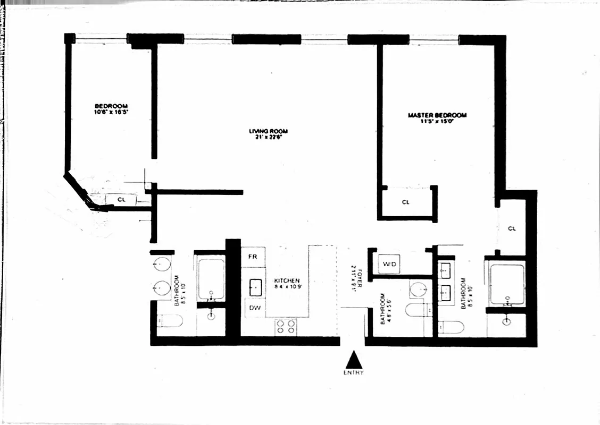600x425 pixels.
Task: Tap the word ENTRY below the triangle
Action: pos(354,373)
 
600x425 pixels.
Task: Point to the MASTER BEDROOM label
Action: pos(437,115)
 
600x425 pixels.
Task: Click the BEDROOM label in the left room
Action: pos(111,106)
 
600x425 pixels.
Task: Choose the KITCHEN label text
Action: pos(287,280)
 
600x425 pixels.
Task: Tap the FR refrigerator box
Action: pos(253,257)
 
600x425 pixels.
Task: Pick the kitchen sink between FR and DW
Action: pos(256,287)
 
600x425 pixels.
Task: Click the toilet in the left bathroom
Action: pos(170,320)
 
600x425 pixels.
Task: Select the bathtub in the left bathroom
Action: pos(211,279)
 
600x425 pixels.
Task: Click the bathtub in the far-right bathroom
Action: pos(506,284)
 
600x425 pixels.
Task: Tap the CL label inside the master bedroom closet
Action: pos(405,202)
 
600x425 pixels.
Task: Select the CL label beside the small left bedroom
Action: pos(121,200)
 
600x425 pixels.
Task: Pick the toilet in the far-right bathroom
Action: pos(452,326)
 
